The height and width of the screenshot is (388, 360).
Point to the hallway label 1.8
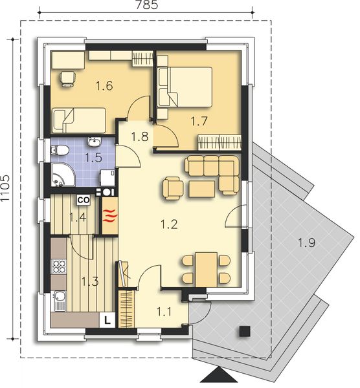(x=140, y=136)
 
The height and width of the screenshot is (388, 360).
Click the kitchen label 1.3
(x=90, y=281)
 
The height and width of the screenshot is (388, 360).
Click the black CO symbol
(x=83, y=200)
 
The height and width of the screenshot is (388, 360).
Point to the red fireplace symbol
(x=109, y=215)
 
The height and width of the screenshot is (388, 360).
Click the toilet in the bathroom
(x=60, y=151)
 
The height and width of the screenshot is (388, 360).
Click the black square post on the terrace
(x=244, y=331)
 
